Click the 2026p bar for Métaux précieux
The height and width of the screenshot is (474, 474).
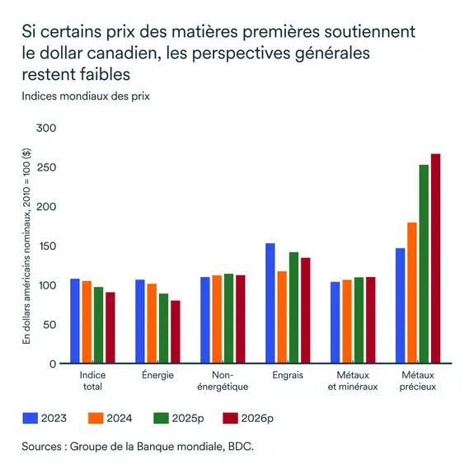[436, 259]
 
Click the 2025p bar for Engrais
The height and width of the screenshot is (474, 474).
[293, 307]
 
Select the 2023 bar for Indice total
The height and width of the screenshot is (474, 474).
[75, 321]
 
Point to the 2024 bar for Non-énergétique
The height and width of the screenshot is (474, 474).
[217, 319]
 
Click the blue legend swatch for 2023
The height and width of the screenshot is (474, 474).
[32, 418]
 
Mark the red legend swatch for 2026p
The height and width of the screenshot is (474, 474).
[230, 418]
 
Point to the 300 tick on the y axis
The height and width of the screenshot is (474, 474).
[47, 129]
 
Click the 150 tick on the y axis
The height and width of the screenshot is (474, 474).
[47, 246]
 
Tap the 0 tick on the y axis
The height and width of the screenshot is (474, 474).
[52, 364]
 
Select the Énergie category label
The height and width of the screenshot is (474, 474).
[158, 376]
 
